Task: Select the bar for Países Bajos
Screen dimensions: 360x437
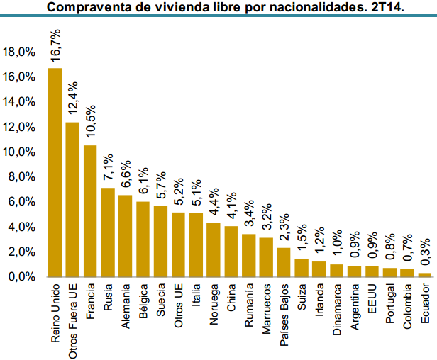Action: point(284,262)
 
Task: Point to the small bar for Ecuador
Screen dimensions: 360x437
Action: point(425,274)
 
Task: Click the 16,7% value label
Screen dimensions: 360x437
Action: point(55,47)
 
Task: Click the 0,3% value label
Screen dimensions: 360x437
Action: point(425,253)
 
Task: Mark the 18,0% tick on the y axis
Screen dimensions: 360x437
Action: point(19,52)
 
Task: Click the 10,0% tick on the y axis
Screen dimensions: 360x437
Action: point(19,152)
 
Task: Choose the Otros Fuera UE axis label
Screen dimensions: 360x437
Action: point(72,319)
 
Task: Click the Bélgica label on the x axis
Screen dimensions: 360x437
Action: point(143,304)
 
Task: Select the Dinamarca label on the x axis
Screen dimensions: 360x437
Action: point(337,310)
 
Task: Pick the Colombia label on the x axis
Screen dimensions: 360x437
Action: point(407,308)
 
